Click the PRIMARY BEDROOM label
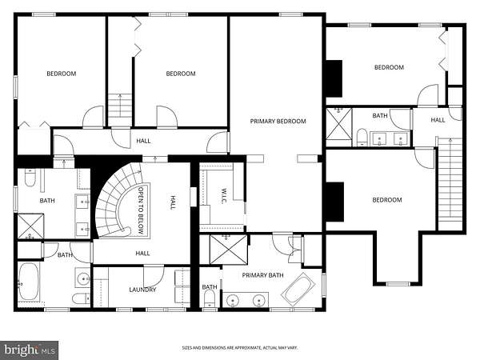point(278,122)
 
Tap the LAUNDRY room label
point(142,290)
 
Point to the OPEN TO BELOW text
point(141,210)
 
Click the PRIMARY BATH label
point(262,275)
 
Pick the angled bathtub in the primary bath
point(298,290)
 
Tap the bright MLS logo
point(29,350)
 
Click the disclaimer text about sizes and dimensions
point(240,348)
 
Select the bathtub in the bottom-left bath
point(29,282)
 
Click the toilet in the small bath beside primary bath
point(210,298)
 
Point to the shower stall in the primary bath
point(228,249)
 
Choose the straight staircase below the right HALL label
point(450,184)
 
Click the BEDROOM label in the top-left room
point(62,74)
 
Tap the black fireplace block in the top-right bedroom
point(334,78)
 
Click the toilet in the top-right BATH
point(362,137)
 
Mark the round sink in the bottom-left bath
point(82,278)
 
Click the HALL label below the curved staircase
point(142,253)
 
